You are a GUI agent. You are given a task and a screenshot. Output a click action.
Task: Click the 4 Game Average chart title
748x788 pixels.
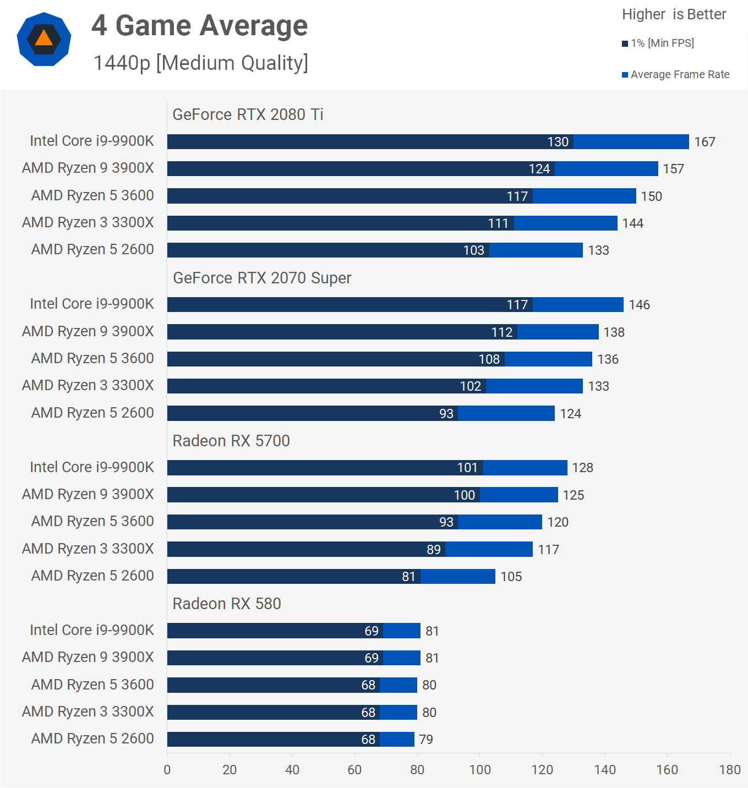pyautogui.click(x=199, y=26)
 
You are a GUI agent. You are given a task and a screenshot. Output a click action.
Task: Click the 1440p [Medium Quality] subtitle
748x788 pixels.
pyautogui.click(x=200, y=63)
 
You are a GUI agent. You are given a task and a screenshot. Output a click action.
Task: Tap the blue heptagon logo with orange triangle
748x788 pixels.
pyautogui.click(x=44, y=39)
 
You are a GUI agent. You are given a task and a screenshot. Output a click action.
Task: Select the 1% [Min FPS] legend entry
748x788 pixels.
pyautogui.click(x=658, y=43)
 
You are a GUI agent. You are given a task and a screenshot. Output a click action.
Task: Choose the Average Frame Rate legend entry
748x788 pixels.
pyautogui.click(x=676, y=74)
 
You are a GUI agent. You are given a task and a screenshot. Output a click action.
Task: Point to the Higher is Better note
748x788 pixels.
pyautogui.click(x=674, y=14)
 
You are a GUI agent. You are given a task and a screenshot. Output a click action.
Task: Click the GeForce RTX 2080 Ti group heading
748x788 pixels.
pyautogui.click(x=248, y=114)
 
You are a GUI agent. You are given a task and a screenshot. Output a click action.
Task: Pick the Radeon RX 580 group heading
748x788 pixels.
pyautogui.click(x=227, y=604)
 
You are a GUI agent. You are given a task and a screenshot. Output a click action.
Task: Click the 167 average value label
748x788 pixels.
pyautogui.click(x=705, y=142)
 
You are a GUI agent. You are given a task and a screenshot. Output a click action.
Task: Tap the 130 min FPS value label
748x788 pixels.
pyautogui.click(x=558, y=142)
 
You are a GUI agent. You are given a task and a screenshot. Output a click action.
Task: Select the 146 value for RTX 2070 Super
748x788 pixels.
pyautogui.click(x=639, y=305)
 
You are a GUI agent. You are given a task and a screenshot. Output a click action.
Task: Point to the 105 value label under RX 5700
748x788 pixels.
pyautogui.click(x=511, y=577)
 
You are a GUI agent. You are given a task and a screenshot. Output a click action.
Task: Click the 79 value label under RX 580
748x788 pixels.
pyautogui.click(x=426, y=740)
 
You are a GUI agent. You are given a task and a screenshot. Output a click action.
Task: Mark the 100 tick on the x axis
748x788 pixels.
pyautogui.click(x=480, y=770)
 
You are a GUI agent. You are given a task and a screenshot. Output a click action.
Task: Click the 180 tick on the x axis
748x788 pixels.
pyautogui.click(x=730, y=770)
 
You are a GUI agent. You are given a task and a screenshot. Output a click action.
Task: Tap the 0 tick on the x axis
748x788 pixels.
pyautogui.click(x=167, y=770)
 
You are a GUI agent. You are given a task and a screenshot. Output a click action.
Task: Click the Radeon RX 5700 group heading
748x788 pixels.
pyautogui.click(x=231, y=441)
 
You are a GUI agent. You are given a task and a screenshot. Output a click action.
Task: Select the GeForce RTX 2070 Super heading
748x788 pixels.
pyautogui.click(x=262, y=278)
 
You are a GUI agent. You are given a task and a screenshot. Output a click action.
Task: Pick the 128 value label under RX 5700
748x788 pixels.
pyautogui.click(x=582, y=468)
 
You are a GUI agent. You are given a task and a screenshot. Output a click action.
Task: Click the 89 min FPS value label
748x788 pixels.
pyautogui.click(x=434, y=549)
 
